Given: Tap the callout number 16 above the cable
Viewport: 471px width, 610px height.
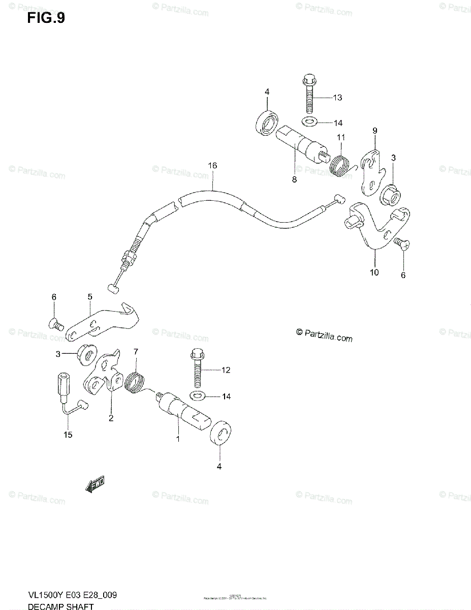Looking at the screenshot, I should (x=212, y=166).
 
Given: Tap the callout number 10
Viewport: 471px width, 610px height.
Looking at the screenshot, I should (x=374, y=272).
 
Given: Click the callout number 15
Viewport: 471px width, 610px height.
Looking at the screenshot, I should (x=68, y=435).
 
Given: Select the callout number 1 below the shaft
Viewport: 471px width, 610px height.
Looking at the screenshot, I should (x=178, y=439).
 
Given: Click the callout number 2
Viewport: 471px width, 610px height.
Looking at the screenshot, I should (x=111, y=418).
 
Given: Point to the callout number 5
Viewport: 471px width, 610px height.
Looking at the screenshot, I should (x=89, y=296).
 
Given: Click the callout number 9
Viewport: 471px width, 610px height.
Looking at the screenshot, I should (x=374, y=131).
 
